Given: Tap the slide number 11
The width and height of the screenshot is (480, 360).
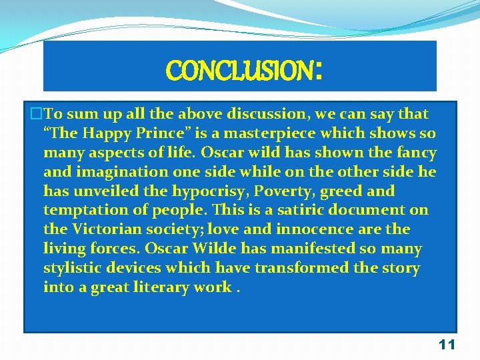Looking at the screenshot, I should [x=447, y=345].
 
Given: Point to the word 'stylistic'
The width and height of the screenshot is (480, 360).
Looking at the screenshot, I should [x=73, y=268].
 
